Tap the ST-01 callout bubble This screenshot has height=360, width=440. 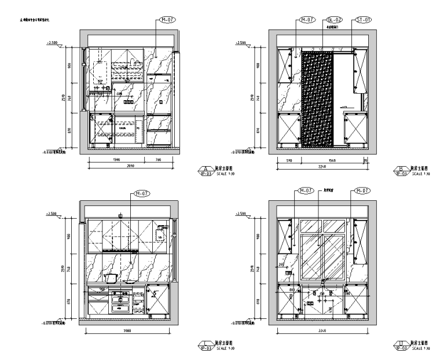pyautogui.click(x=363, y=19)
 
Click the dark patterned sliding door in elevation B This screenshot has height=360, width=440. pyautogui.click(x=317, y=98)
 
